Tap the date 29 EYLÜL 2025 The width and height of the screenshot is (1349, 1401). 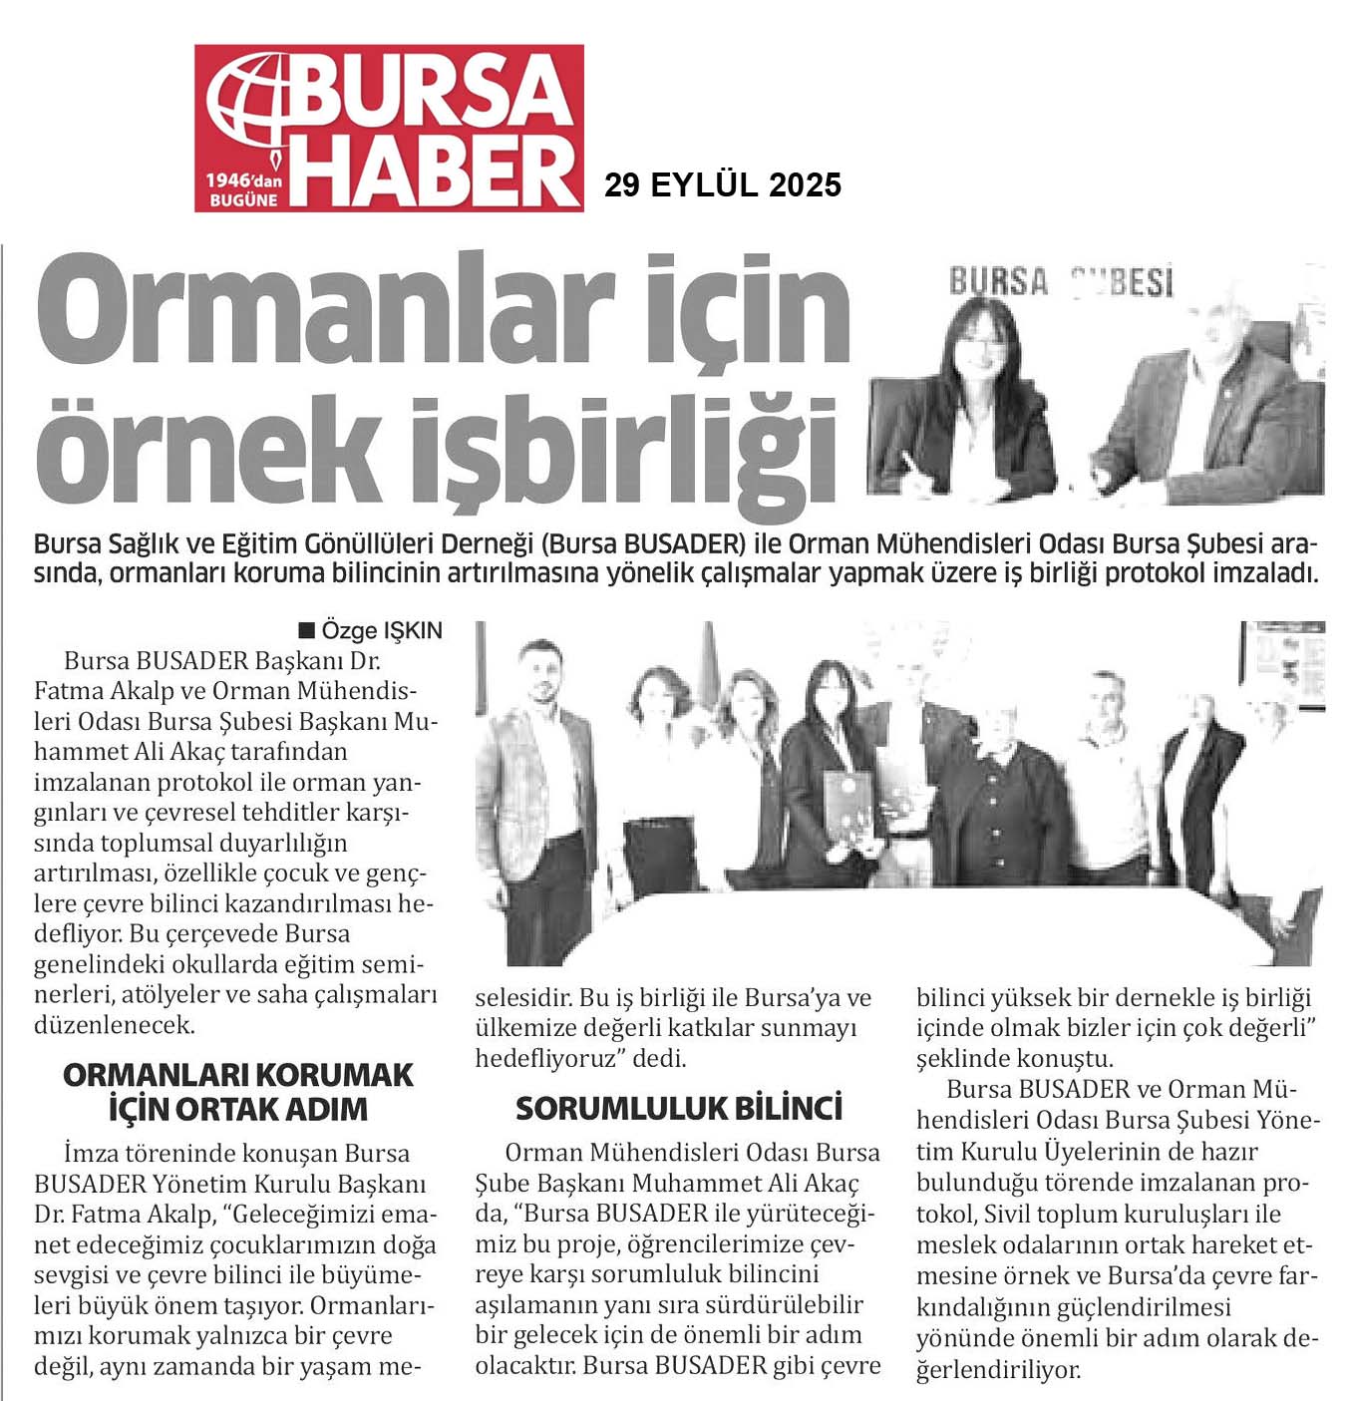tap(723, 184)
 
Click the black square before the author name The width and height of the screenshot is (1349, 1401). tap(307, 630)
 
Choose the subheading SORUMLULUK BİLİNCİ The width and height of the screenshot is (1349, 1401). tap(679, 1108)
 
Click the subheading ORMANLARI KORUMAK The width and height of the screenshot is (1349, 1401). tap(237, 1074)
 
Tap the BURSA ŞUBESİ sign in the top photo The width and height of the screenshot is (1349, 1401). tap(1061, 282)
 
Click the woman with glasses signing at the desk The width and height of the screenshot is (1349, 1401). tap(987, 399)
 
